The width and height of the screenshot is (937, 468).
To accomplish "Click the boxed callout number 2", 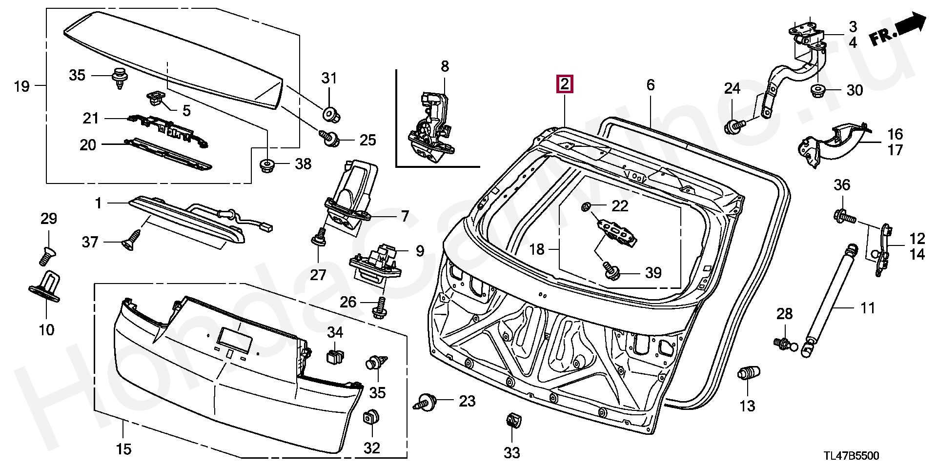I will pyautogui.click(x=564, y=84).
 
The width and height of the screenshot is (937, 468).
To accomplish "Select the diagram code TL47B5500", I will pyautogui.click(x=851, y=456).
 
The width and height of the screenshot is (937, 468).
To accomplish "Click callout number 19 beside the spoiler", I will pyautogui.click(x=22, y=87).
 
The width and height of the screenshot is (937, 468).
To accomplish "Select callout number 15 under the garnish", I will pyautogui.click(x=124, y=448).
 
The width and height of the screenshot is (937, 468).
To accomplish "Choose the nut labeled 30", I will pyautogui.click(x=818, y=91).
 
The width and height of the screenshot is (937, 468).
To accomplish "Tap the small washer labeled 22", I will pyautogui.click(x=586, y=207).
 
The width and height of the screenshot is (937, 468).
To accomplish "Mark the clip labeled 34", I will pyautogui.click(x=334, y=357).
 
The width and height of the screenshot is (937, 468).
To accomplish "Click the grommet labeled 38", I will pyautogui.click(x=266, y=164).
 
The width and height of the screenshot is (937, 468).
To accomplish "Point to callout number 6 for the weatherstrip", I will pyautogui.click(x=650, y=85).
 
